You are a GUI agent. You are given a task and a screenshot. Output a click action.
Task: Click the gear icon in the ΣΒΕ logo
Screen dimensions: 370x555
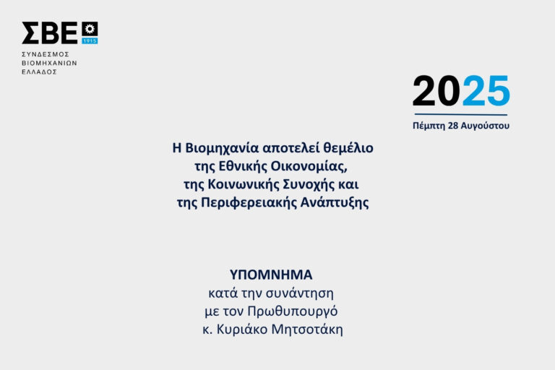90,29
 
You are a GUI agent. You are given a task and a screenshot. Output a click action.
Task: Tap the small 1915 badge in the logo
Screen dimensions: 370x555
90,40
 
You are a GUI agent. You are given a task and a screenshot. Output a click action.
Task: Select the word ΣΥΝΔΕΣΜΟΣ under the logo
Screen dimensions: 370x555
45,54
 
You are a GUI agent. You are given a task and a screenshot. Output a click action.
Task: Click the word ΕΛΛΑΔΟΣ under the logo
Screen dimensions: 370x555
40,72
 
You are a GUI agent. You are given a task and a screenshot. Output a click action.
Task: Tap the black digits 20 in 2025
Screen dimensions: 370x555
436,92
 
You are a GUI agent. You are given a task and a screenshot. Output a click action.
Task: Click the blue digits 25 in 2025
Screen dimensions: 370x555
486,92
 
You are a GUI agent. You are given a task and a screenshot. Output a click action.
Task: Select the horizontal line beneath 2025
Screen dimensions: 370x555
461,114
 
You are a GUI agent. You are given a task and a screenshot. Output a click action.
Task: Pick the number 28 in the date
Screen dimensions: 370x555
454,126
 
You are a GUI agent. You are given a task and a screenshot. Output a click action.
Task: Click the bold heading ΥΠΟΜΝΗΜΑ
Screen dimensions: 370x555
271,275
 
